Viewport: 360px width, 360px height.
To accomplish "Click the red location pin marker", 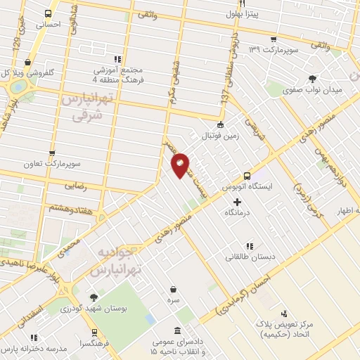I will pos(180,165).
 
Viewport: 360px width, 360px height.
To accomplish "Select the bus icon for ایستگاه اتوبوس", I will pos(247,176).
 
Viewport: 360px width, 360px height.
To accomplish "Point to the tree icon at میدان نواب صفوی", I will pos(311,78).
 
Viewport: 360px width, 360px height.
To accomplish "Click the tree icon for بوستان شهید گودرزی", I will pos(94,297).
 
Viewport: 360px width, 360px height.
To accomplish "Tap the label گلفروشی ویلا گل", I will pos(41,72).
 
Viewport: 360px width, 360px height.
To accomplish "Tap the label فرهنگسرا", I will pos(94,342).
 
